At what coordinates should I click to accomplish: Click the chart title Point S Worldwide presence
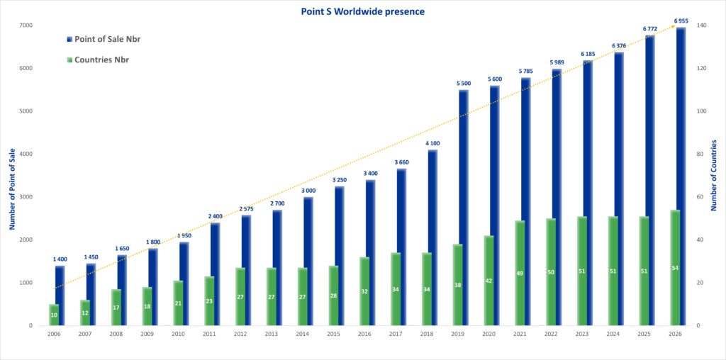[x=362, y=11]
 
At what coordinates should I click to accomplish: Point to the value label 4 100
[x=432, y=144]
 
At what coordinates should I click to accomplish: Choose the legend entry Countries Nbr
[x=101, y=60]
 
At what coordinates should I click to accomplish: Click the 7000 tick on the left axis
[x=26, y=26]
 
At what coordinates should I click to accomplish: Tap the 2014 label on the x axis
[x=303, y=334]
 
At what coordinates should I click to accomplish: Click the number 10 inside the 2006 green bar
[x=54, y=315]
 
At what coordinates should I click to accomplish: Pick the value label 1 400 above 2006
[x=60, y=260]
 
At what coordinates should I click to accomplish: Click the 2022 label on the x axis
[x=552, y=334]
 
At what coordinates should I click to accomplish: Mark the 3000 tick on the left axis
[x=26, y=197]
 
